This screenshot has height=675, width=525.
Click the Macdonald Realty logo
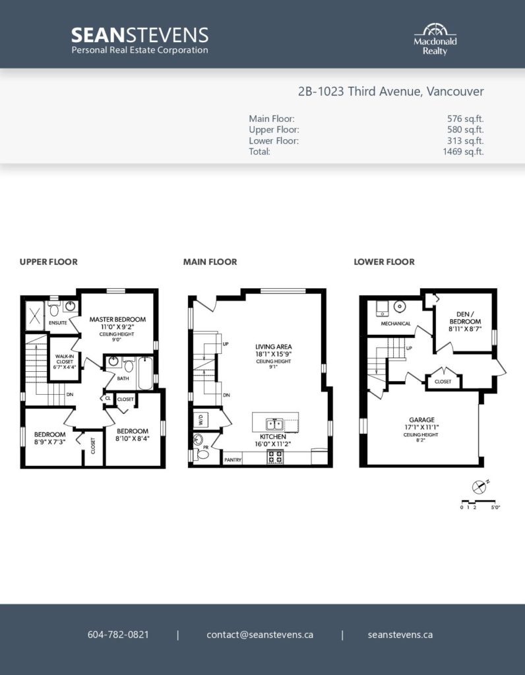click(x=435, y=39)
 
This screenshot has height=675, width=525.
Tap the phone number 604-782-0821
click(x=118, y=635)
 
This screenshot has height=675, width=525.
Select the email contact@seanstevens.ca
click(x=260, y=635)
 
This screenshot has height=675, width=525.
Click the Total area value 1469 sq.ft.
click(x=463, y=152)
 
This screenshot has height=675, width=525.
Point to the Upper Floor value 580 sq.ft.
click(x=465, y=130)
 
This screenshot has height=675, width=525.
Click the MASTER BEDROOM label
click(x=117, y=320)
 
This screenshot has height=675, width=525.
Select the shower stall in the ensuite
click(x=34, y=316)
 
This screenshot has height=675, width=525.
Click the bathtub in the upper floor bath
click(x=145, y=373)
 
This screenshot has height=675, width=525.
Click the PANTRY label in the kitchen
click(x=233, y=459)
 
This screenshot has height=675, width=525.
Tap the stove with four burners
click(x=276, y=457)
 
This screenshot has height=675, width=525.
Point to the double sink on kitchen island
click(x=274, y=425)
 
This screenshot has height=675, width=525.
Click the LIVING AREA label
click(x=274, y=347)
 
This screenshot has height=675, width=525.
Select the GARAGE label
click(x=421, y=420)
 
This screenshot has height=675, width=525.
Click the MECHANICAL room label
click(x=396, y=323)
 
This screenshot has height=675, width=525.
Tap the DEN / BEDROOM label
click(x=465, y=318)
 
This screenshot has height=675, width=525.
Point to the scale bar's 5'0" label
click(x=495, y=508)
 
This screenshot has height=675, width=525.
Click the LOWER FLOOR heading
click(x=384, y=262)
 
